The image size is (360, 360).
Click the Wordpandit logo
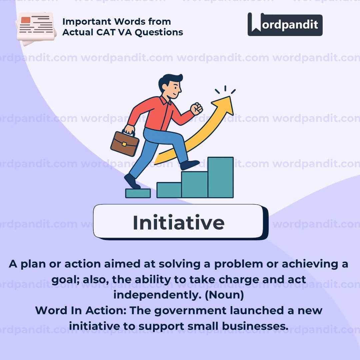tap(285, 24)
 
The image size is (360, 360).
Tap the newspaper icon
tap(36, 28)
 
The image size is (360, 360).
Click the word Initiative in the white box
tap(179, 222)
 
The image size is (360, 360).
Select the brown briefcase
tap(125, 143)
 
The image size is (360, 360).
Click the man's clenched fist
tap(196, 109)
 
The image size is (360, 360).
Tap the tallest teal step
tap(221, 177)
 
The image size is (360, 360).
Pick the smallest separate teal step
tap(138, 193)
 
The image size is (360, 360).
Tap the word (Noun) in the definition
tap(224, 295)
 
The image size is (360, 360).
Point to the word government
tap(190, 311)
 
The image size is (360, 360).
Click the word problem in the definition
tap(239, 264)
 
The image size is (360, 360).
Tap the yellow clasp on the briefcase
tap(124, 144)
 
